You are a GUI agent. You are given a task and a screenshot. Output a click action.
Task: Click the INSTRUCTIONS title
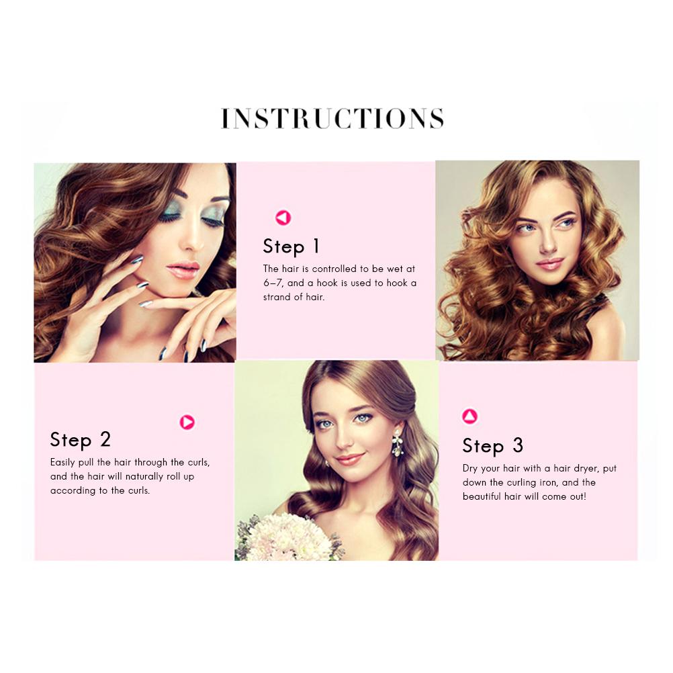pos(332,118)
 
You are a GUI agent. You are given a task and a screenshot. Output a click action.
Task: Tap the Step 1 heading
pos(291,246)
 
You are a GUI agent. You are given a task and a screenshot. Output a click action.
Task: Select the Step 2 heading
pos(81,440)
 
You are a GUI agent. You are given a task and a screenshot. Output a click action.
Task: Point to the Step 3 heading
pos(493,445)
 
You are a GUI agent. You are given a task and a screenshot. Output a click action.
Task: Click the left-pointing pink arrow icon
pos(283,218)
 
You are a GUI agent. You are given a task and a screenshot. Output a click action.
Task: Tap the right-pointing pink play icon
pos(187,422)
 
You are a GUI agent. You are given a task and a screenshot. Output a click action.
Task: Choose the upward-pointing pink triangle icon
pos(469,416)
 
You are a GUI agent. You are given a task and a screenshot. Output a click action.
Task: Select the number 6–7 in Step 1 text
pos(273,283)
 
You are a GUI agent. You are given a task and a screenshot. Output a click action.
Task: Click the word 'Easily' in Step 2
pos(62,463)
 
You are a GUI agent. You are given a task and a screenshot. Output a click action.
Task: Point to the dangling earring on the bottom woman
pos(398,443)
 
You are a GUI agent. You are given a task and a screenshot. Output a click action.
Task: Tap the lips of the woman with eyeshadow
pos(183,271)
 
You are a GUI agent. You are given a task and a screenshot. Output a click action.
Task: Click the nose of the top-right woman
pos(547,246)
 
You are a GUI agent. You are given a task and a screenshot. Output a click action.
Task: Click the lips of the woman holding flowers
pos(350,459)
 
